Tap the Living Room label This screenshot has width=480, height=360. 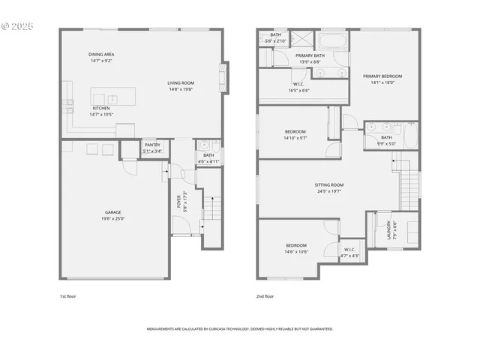[181, 85]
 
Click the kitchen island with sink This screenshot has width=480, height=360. [112, 97]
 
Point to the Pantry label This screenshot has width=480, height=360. [152, 148]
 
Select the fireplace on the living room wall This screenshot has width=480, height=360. [223, 76]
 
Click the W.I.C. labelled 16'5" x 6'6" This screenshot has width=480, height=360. [298, 86]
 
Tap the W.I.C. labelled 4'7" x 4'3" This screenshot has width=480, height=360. [349, 252]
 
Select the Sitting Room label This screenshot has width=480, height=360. [329, 187]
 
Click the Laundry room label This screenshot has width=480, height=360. [388, 228]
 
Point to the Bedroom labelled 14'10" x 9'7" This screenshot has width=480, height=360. [295, 135]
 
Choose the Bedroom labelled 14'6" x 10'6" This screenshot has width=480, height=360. [296, 248]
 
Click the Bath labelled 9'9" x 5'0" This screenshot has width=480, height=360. [386, 140]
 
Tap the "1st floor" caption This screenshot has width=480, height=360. [67, 296]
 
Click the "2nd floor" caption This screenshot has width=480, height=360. [265, 296]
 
